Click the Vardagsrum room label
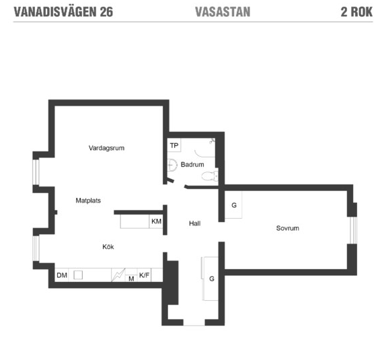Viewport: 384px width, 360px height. (x=107, y=148)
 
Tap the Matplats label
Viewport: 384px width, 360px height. (x=88, y=201)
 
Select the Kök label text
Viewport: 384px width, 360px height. (x=108, y=247)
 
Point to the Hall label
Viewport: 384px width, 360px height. (x=194, y=223)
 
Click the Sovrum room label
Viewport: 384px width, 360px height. (x=287, y=228)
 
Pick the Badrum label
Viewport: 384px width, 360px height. (x=192, y=164)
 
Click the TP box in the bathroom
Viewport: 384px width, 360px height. (x=174, y=145)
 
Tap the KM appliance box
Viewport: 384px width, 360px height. (x=156, y=221)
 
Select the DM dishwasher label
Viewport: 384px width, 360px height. (x=61, y=275)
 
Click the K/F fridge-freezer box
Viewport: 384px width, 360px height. (x=144, y=275)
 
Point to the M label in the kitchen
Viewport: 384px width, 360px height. (x=131, y=278)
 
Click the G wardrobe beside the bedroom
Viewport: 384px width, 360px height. (x=233, y=205)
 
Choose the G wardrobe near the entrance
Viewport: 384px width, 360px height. (x=211, y=278)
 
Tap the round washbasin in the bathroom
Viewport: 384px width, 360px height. (x=171, y=164)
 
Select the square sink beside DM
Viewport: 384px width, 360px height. (x=78, y=275)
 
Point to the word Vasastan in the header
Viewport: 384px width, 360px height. (x=222, y=12)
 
